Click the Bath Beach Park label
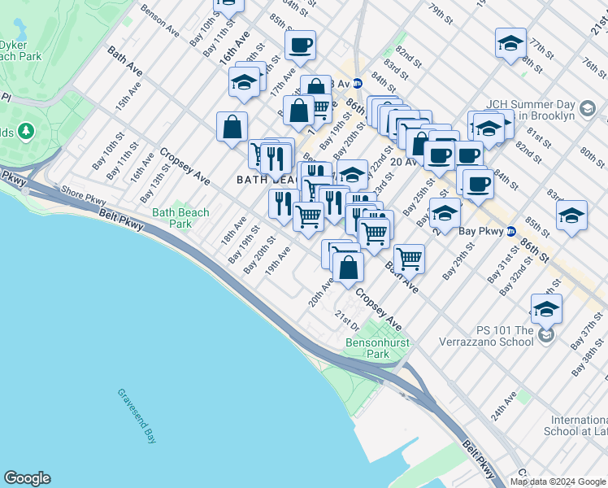[180, 218]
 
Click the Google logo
[27, 478]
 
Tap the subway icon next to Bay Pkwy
[510, 231]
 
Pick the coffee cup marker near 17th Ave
[301, 46]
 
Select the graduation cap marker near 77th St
[510, 45]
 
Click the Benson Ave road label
[159, 21]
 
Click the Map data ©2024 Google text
[558, 481]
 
